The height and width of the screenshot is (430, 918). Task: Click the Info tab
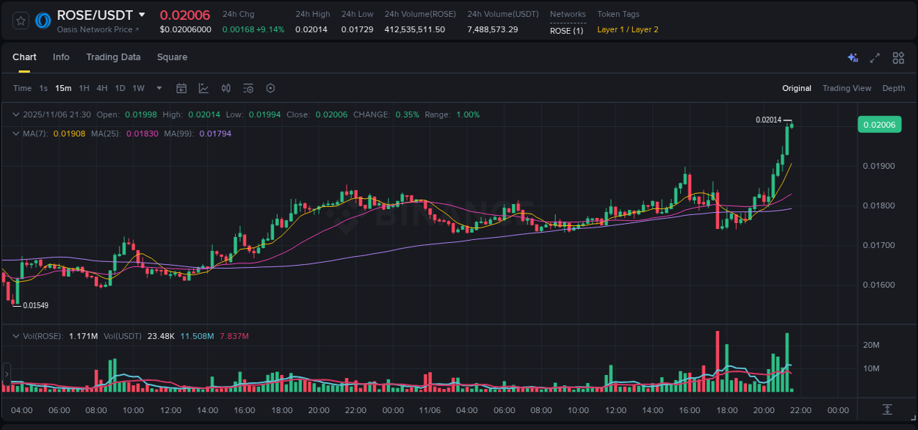(61, 57)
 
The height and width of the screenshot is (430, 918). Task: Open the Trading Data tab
(113, 57)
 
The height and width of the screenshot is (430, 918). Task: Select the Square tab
(172, 57)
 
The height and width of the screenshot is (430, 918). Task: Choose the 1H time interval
(84, 88)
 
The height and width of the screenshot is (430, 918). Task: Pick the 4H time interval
(102, 88)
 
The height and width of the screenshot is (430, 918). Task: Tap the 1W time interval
(138, 88)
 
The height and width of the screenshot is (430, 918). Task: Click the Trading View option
(847, 88)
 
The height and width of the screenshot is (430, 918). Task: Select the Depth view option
(894, 88)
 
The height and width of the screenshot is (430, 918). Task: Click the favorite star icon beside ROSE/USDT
(21, 21)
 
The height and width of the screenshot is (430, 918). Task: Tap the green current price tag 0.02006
(879, 125)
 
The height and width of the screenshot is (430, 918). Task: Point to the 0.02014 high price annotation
(768, 120)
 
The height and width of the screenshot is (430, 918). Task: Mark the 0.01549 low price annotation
(36, 305)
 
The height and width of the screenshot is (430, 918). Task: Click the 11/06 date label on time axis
(430, 410)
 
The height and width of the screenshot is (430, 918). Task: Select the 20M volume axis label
(871, 345)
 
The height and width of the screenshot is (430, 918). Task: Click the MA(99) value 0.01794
(215, 134)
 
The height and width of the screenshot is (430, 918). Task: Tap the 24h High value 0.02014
(311, 29)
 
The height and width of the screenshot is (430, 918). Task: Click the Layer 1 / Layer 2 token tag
(627, 29)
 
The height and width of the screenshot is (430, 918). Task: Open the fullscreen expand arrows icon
(875, 58)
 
